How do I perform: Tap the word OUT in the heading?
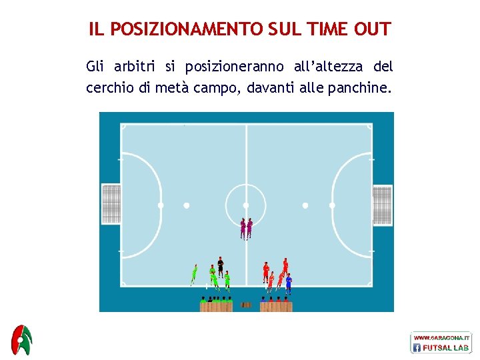click(373, 29)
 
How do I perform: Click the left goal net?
click(111, 204)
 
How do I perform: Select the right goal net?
click(382, 205)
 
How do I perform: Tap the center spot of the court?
click(246, 205)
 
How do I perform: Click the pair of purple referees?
click(246, 229)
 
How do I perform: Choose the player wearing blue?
click(289, 283)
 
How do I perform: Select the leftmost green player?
click(194, 274)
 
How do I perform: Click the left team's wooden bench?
click(216, 306)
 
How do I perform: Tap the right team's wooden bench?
click(276, 306)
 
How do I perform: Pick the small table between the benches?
click(246, 305)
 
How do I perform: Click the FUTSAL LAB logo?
click(441, 343)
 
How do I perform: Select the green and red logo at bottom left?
click(22, 341)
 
